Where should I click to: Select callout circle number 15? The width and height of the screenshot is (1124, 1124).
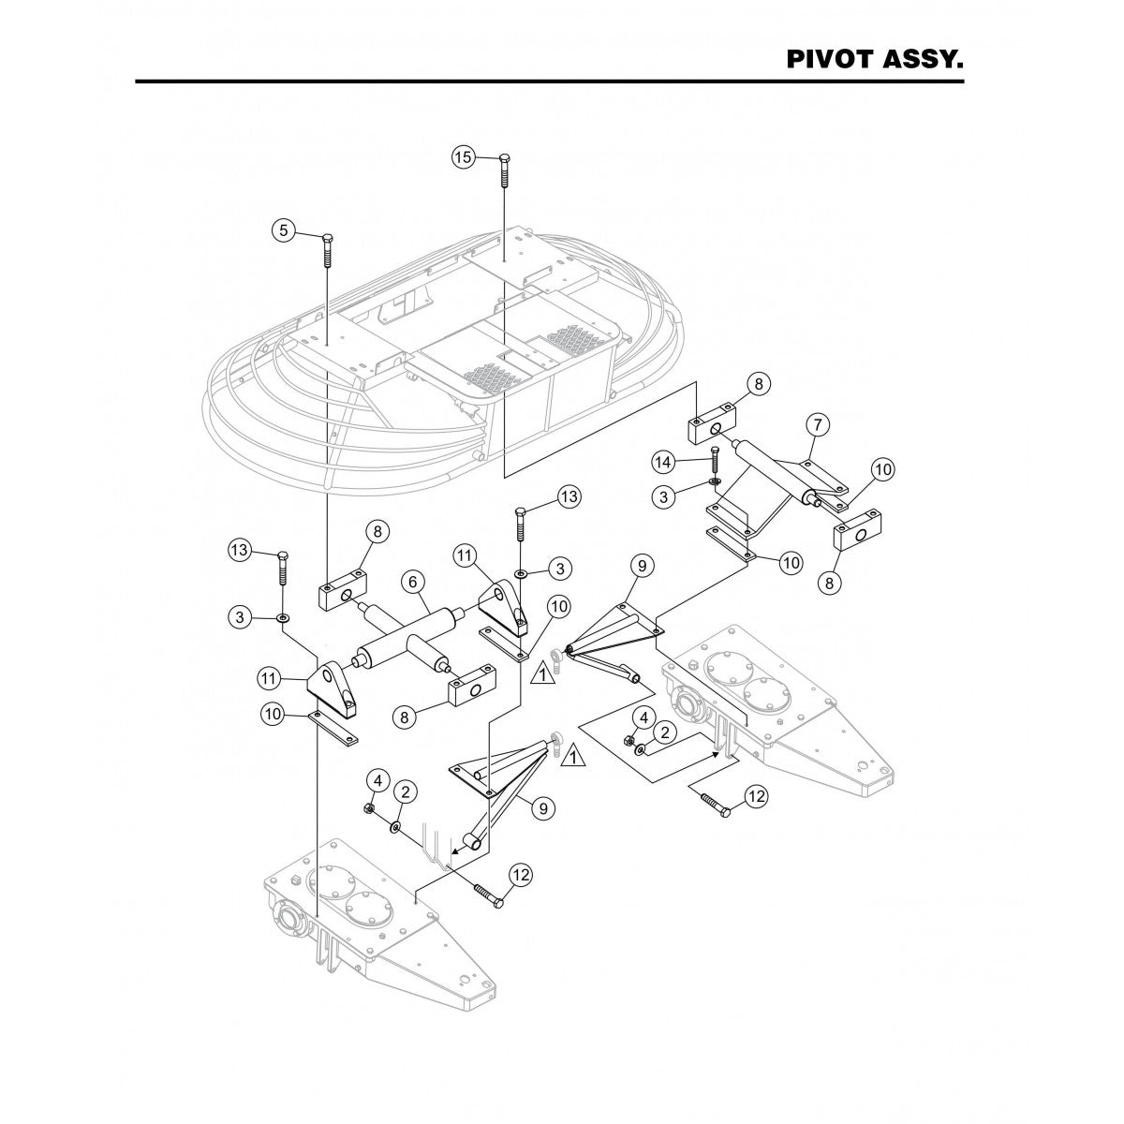pos(464,157)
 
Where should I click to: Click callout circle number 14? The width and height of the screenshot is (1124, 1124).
pos(663,462)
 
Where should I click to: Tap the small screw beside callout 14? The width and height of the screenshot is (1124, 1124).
pos(714,462)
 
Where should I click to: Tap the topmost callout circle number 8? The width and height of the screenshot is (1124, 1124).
pos(758,384)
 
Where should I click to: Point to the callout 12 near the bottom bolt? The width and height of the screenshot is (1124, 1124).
pos(521,875)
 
